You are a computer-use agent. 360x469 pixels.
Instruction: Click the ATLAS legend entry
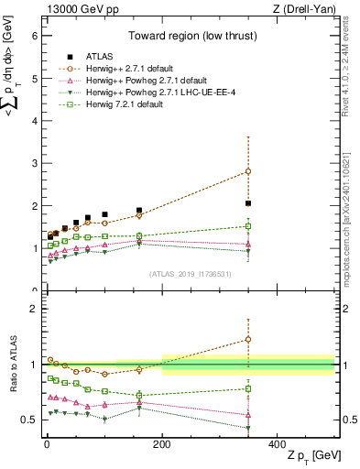click(96, 55)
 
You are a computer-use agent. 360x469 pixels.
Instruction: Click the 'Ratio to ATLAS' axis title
click(12, 365)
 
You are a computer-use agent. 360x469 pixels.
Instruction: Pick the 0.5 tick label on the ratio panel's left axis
click(28, 420)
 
